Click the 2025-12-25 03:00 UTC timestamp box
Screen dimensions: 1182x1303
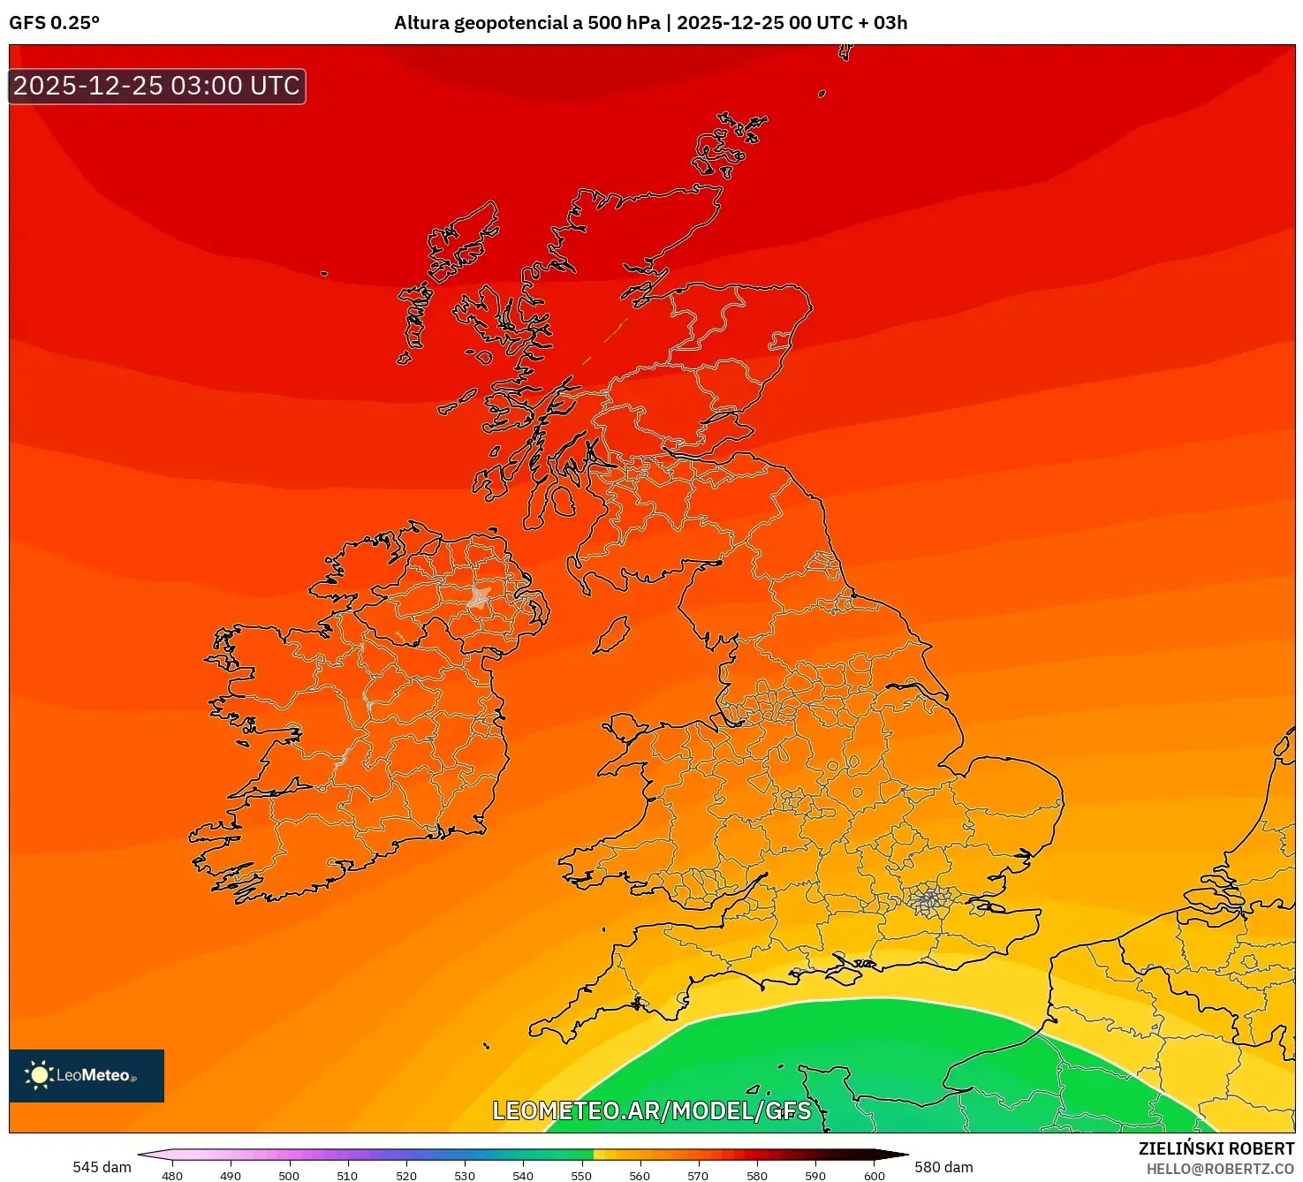[x=157, y=86]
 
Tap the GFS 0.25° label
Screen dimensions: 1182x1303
[x=54, y=23]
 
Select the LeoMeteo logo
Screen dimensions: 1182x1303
[x=86, y=1075]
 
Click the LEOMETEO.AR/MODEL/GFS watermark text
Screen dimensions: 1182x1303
[x=651, y=1110]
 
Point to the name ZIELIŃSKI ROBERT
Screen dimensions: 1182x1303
[x=1216, y=1148]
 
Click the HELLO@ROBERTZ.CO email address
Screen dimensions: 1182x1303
[x=1220, y=1169]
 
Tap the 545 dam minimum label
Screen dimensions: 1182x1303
[x=102, y=1167]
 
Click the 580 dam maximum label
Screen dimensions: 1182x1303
[x=943, y=1167]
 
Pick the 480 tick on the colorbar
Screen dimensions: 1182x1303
[x=172, y=1176]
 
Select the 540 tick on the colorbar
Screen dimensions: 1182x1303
[x=523, y=1176]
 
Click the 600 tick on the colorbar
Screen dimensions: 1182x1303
[x=874, y=1176]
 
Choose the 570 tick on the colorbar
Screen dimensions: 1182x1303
[x=698, y=1176]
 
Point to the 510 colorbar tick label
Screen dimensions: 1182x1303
[x=347, y=1176]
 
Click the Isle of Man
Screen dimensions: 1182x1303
[x=610, y=635]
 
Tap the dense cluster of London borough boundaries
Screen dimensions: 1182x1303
[x=928, y=900]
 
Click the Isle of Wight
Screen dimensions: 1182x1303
[x=843, y=973]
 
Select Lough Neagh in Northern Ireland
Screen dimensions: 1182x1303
[x=481, y=597]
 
